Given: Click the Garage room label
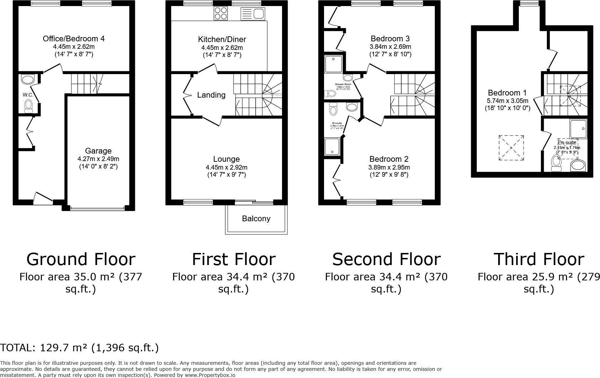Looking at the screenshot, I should click(98, 151).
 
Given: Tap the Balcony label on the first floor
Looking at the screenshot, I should click(256, 218).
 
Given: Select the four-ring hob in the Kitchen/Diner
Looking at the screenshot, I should click(220, 14).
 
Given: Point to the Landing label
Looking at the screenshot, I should click(211, 95).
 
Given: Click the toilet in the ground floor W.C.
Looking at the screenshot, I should click(28, 106).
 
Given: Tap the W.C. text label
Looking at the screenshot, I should click(28, 95).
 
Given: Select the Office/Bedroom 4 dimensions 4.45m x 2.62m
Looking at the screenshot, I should click(74, 47).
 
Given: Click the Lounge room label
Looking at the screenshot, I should click(226, 159).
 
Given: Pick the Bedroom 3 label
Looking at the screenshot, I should click(390, 38).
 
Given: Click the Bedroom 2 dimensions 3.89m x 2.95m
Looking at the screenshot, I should click(389, 167).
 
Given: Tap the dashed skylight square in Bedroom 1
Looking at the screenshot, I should click(511, 147).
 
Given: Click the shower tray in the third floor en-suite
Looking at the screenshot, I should click(578, 129).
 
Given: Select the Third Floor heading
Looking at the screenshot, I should click(538, 259).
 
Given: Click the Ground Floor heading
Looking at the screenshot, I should click(81, 259).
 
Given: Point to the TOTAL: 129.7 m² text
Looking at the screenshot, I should click(79, 347).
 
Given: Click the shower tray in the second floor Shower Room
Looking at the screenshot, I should click(333, 64).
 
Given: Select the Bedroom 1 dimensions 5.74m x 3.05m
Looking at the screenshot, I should click(507, 101).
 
